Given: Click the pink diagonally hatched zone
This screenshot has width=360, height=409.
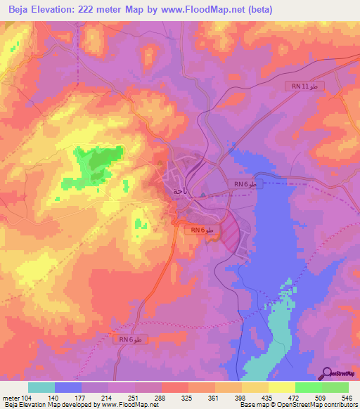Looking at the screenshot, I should click(x=231, y=230).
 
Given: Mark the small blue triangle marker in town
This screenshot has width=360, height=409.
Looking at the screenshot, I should click(x=202, y=195).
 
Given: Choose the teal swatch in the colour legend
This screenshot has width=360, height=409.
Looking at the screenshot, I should click(x=41, y=387).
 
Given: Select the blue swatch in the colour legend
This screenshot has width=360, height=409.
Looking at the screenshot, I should click(x=68, y=387).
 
